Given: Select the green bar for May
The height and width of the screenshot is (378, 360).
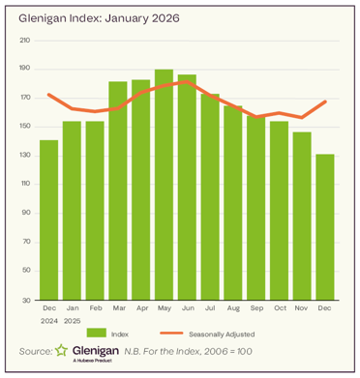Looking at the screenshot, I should point(165,184).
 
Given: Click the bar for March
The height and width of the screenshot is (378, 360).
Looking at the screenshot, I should point(118,189).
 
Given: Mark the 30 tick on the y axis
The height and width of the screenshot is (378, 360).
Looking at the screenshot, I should point(26,300).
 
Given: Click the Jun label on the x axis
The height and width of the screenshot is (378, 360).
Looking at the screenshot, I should point(188,309).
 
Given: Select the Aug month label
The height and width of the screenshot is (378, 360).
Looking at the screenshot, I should point(234,309).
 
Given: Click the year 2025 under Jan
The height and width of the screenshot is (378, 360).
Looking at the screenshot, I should point(72,321).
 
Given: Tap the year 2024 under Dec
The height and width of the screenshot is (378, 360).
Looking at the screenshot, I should point(48,321).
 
